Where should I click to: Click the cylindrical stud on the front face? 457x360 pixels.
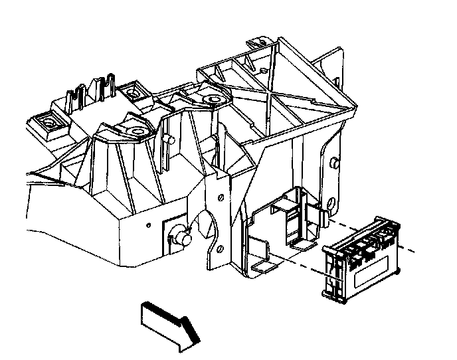pyautogui.click(x=181, y=234)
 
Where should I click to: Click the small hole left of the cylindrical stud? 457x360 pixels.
pyautogui.click(x=146, y=224)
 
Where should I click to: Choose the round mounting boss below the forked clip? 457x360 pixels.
pyautogui.click(x=137, y=130)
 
